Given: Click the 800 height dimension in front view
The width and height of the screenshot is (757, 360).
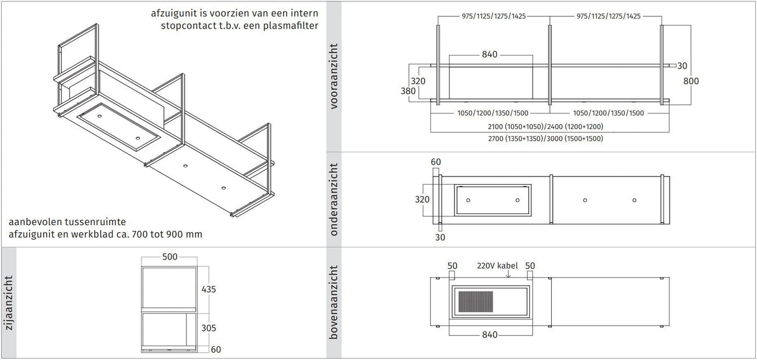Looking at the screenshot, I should pos(691,81).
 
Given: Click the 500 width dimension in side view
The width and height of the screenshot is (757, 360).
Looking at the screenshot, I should pos(170,256).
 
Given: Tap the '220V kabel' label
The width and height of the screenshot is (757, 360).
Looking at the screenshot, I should pos(497,266).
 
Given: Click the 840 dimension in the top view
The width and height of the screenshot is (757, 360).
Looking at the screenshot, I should pos(489,336).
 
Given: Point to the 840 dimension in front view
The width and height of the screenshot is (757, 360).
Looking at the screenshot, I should pos(489,55).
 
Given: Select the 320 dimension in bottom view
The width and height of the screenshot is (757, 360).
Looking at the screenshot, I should pos(423,200).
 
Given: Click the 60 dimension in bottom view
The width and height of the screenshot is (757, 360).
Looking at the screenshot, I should pos(436,162).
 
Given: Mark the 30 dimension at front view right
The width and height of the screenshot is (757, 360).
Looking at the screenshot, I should pos(682,66).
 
